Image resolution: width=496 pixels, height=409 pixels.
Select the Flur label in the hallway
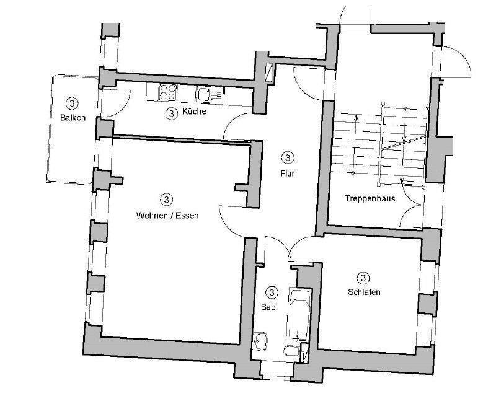(286, 174)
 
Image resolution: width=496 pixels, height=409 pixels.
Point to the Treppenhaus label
(371, 199)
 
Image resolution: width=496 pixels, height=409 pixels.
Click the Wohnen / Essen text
(167, 216)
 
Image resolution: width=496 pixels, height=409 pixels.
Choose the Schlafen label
(363, 292)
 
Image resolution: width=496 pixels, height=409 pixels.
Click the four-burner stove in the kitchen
(168, 92)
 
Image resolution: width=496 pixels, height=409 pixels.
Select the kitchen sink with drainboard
(209, 94)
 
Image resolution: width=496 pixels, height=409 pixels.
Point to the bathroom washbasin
(262, 340)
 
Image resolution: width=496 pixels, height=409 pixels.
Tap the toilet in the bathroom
(289, 352)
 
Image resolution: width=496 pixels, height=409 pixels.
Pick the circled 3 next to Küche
(171, 113)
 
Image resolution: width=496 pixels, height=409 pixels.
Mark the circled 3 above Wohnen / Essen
(166, 200)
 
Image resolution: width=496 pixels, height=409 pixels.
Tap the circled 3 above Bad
(272, 292)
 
